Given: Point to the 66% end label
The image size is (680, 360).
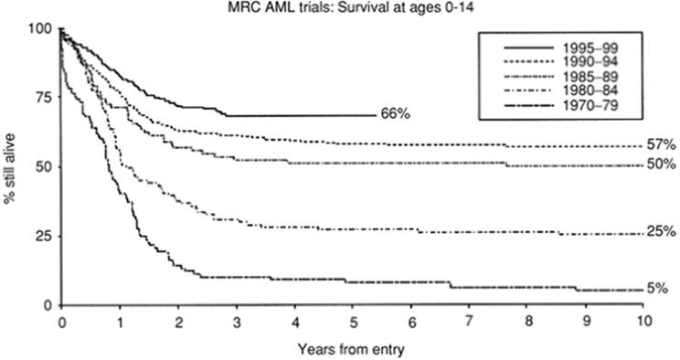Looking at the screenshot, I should [395, 115].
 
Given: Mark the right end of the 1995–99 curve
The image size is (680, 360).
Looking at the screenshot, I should [376, 116].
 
